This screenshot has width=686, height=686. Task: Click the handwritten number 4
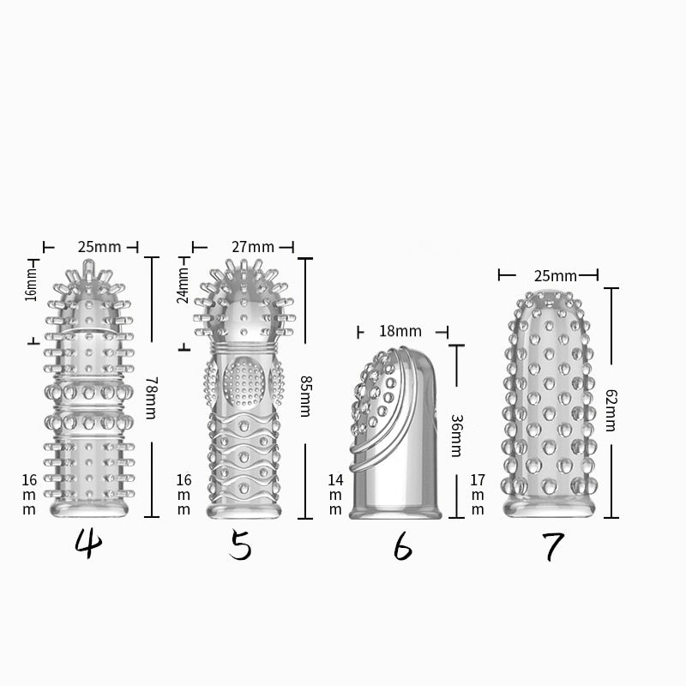(x=88, y=544)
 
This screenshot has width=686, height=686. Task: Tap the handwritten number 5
(x=240, y=545)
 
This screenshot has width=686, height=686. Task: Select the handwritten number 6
(x=402, y=547)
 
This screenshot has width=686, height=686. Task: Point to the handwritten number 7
(x=553, y=546)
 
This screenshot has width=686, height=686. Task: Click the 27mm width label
(x=253, y=247)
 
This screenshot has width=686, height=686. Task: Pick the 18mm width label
(x=400, y=331)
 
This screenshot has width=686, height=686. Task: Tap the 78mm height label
(x=150, y=398)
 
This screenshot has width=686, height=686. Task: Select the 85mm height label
(x=305, y=396)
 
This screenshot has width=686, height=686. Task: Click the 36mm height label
(x=456, y=436)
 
